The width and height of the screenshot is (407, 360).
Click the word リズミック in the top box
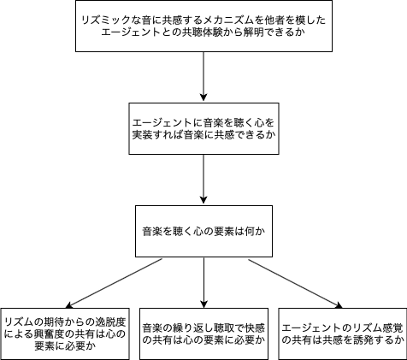click(106, 21)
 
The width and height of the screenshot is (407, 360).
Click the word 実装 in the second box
click(142, 134)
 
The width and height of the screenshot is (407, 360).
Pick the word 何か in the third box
click(255, 231)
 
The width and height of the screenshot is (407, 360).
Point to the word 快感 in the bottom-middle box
click(255, 328)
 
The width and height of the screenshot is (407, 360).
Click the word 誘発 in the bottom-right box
click(363, 339)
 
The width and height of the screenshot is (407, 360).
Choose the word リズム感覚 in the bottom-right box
click(378, 328)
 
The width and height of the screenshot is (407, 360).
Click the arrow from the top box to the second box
click(203, 76)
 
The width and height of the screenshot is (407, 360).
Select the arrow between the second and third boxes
click(203, 179)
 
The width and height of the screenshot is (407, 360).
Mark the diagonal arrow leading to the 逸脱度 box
click(114, 283)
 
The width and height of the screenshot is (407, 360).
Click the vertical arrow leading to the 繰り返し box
click(203, 282)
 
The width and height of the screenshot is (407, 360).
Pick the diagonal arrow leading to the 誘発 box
click(295, 284)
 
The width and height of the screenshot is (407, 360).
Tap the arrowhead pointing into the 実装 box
click(203, 97)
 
